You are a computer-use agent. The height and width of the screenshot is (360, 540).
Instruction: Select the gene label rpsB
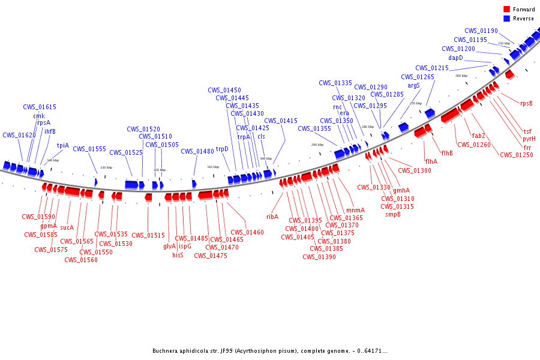tap(526, 103)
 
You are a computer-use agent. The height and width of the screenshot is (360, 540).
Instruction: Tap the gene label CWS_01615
tap(40, 107)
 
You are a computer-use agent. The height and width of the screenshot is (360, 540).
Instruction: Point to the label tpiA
tap(63, 145)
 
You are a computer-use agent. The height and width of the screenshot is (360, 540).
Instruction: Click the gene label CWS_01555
tap(89, 149)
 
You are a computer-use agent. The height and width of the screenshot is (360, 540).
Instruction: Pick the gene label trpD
tap(223, 149)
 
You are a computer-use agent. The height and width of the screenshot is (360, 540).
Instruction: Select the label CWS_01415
tap(281, 121)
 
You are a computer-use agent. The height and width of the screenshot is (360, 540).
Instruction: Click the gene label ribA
tap(272, 217)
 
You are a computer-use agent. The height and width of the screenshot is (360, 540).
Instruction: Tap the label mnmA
tap(355, 210)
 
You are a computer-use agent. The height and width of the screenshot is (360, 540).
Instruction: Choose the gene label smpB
tap(393, 214)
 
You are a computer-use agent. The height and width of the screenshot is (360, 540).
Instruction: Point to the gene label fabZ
tap(478, 136)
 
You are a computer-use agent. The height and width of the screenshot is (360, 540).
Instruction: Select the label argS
tap(414, 86)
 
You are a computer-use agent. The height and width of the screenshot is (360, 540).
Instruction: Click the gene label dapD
tap(456, 58)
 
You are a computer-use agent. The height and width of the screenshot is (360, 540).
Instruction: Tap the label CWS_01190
tap(481, 31)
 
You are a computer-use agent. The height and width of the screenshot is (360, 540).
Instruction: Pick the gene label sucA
tap(67, 227)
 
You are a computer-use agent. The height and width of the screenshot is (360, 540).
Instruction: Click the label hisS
tap(178, 255)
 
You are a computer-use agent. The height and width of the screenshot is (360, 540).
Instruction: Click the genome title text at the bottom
tap(269, 351)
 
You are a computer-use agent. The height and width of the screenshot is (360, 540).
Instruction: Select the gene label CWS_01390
tap(319, 257)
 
